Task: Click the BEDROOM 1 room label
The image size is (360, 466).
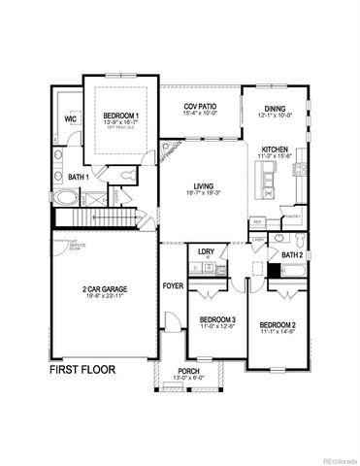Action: (x=119, y=116)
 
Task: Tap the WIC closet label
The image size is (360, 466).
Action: (x=71, y=118)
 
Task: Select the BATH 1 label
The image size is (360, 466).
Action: (x=79, y=177)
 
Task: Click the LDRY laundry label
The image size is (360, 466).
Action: (x=206, y=251)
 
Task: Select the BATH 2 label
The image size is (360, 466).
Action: (x=293, y=255)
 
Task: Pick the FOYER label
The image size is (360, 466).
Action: (x=173, y=286)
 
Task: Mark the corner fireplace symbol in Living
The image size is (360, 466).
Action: (x=172, y=150)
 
